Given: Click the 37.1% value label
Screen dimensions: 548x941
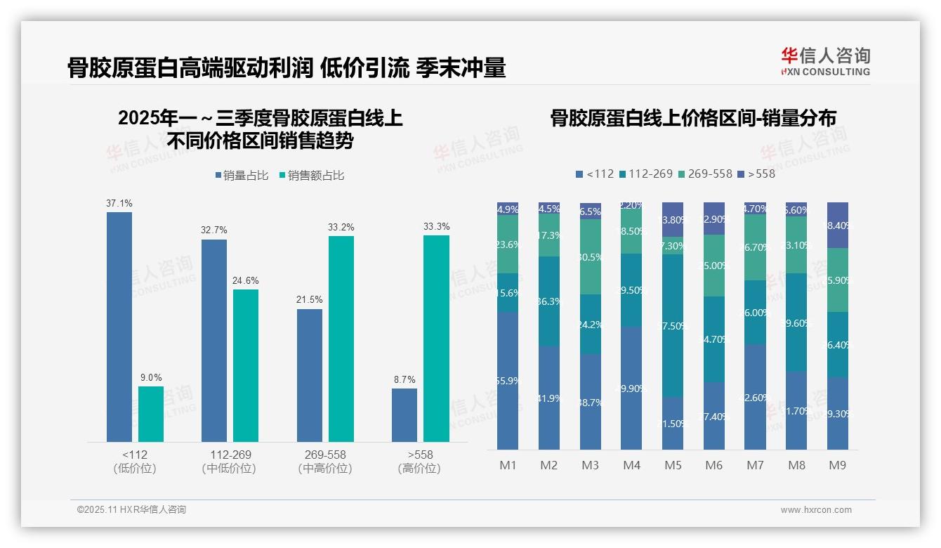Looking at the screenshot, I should pos(119,203).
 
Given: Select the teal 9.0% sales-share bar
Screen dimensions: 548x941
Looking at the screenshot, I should pos(150,414).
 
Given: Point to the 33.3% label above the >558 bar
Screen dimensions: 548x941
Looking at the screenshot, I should pos(436,226).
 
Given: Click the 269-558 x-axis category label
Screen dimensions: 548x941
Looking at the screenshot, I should pos(325,455).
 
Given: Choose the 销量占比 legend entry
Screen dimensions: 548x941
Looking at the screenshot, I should pos(241,176).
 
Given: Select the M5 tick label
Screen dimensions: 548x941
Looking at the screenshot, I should pos(673,465).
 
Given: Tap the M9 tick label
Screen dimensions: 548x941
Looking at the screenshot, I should pos(837,465).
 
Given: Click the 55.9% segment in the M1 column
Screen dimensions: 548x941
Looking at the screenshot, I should pos(507,381).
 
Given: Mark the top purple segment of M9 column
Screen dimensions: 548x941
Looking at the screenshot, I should pos(837,225).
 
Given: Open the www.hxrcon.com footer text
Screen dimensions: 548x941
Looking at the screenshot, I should pos(815,510).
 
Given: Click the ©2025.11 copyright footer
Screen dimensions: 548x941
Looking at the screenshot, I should pos(131,510).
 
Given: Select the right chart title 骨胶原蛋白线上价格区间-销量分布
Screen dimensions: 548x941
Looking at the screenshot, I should pos(692,118).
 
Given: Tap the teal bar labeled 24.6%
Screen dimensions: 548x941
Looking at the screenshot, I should pos(246,365).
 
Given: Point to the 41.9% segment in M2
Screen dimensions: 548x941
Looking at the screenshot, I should pos(548,398).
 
